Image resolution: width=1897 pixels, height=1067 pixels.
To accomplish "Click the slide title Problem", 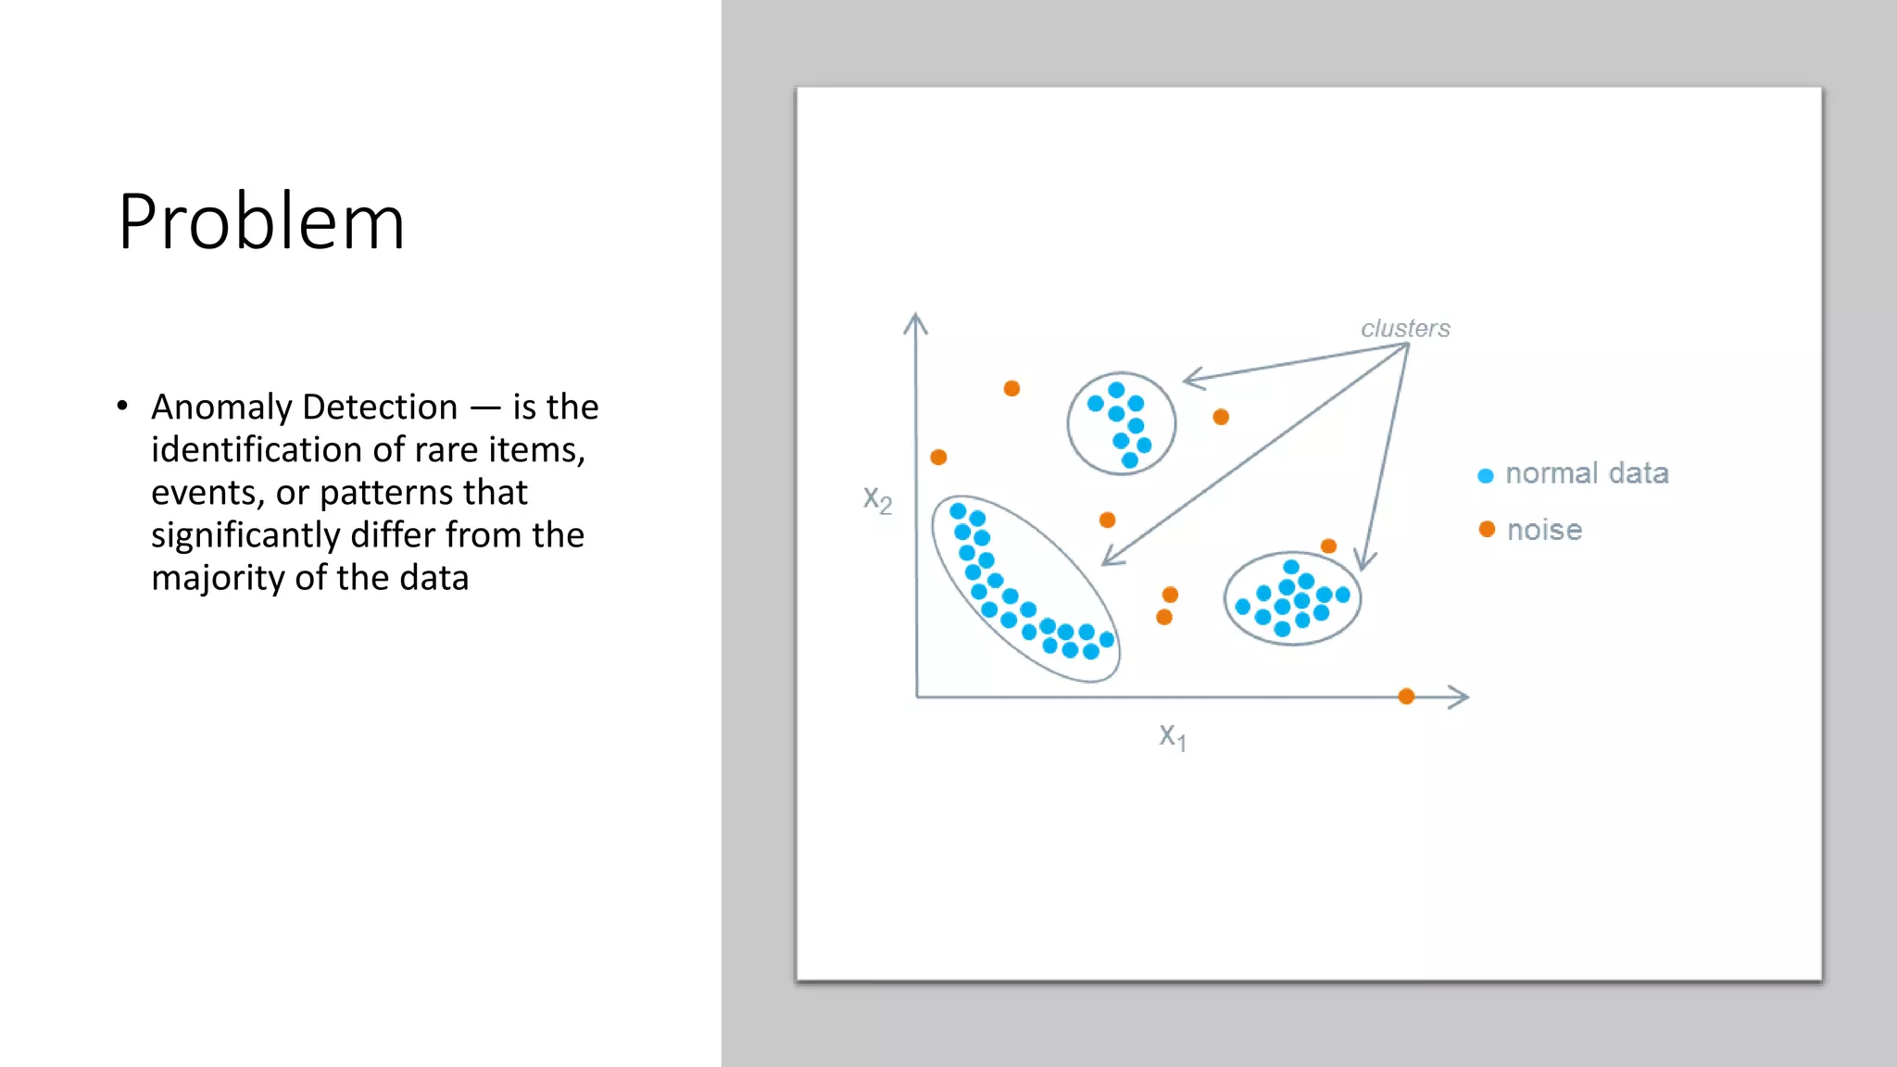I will coord(261,222).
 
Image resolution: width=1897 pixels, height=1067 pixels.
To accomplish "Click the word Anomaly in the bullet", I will coord(221,408).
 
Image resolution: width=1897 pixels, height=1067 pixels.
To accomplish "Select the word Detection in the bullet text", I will coord(380,408).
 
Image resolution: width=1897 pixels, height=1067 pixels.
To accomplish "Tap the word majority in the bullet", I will coord(219,579).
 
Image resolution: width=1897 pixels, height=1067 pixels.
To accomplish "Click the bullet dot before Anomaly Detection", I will coord(122,406).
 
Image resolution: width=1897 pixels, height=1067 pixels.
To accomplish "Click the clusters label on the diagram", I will coord(1405,329).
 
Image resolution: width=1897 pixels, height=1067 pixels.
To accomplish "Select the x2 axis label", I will coord(877,499).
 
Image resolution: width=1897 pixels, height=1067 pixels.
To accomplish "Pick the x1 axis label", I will coord(1172,736).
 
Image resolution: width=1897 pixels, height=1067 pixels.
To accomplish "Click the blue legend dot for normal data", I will coord(1486,476).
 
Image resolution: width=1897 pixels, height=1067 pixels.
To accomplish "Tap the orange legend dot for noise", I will coord(1487,530).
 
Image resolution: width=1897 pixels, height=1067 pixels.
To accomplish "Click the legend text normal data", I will coord(1587,473).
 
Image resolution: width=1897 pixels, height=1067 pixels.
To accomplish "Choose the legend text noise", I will coord(1544,531).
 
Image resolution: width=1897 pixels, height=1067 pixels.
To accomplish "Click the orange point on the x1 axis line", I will coord(1406,697).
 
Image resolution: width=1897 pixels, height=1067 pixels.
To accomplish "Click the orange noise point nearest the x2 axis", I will coord(938,458).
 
